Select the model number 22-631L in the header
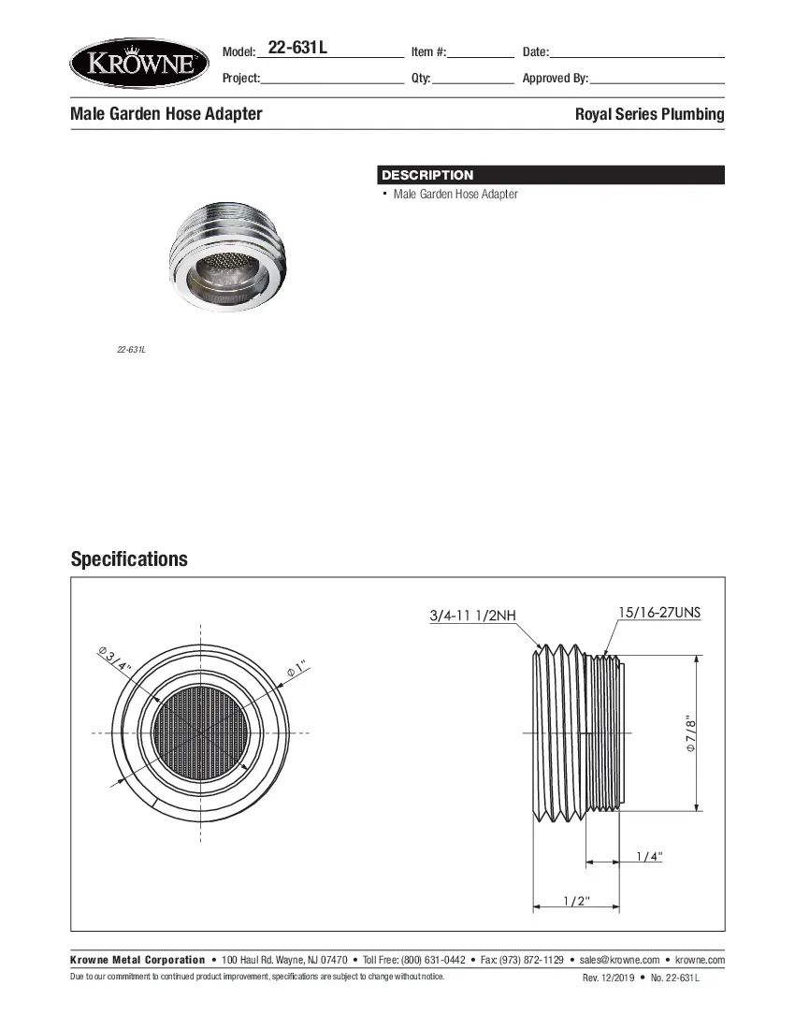pos(296,49)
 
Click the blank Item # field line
pos(481,53)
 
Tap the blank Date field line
pos(637,53)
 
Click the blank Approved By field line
pos(657,80)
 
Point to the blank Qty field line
pos(473,80)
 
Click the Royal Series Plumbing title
pos(649,114)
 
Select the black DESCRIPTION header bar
pos(551,175)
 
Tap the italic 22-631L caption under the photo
pos(131,350)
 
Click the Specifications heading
pos(129,559)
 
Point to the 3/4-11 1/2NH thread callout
pos(472,616)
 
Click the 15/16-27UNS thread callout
pos(658,613)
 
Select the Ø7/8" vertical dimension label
pos(690,735)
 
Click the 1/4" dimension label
pos(648,856)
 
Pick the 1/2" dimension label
pos(575,901)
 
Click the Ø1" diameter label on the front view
pos(296,670)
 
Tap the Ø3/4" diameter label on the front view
pos(115,659)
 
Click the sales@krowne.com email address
pos(619,960)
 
